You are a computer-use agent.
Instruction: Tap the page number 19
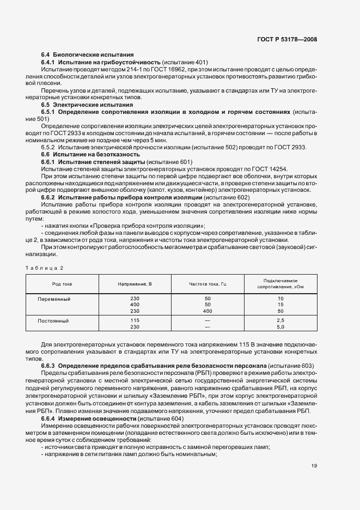(x=314, y=466)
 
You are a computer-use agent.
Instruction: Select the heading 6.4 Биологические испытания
(x=88, y=55)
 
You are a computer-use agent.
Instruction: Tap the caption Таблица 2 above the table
(x=45, y=268)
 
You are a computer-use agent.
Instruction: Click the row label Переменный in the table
(x=54, y=299)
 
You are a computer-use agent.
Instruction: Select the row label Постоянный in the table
(x=53, y=320)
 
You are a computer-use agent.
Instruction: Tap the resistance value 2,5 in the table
(x=281, y=320)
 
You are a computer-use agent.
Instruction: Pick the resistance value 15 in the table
(x=281, y=305)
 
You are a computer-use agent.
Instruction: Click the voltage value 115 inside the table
(x=135, y=320)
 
